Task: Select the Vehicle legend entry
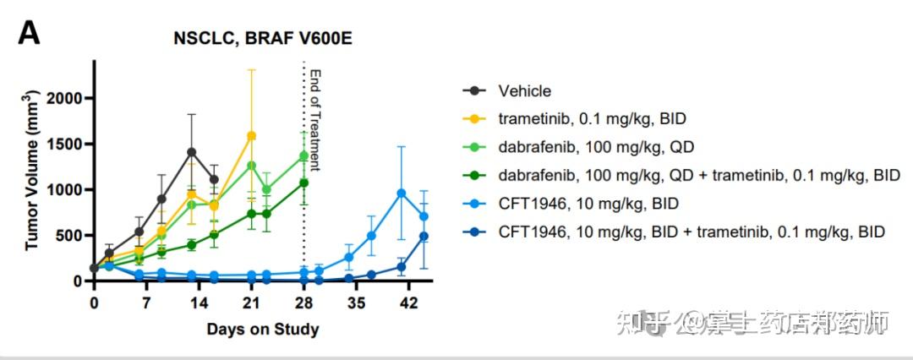(524, 91)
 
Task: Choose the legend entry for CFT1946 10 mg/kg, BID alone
(571, 203)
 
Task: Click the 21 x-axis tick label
(251, 303)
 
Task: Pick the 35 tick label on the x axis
(356, 303)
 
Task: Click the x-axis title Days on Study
(262, 329)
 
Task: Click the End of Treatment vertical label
(316, 118)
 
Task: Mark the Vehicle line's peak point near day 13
(192, 152)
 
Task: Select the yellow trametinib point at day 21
(251, 136)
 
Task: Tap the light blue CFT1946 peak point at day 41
(402, 194)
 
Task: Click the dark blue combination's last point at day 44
(424, 237)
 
